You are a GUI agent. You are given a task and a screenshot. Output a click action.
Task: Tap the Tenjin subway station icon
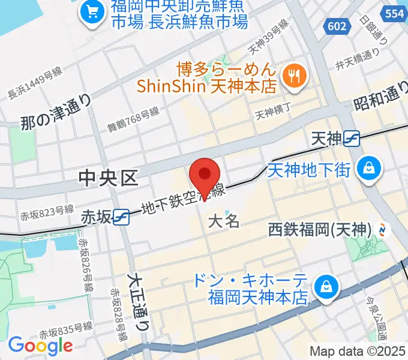(352, 139)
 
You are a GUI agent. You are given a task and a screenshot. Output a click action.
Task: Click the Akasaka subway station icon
(121, 217)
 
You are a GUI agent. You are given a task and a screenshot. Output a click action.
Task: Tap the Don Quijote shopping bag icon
(327, 286)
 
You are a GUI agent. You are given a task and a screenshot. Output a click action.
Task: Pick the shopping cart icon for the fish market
(92, 13)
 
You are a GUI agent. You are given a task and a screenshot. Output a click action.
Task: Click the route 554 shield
(394, 12)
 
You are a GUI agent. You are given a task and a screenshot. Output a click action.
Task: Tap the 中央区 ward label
(109, 177)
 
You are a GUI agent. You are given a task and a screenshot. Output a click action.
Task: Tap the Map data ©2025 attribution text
(358, 351)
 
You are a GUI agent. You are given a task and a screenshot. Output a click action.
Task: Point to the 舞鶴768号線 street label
(133, 118)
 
